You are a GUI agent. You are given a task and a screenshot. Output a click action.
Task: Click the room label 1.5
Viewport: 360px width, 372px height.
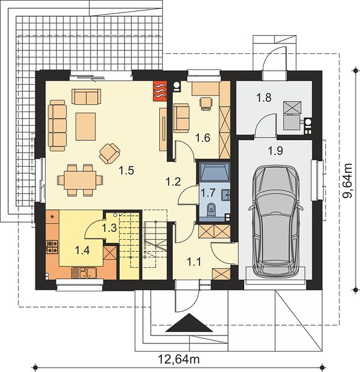[126, 170]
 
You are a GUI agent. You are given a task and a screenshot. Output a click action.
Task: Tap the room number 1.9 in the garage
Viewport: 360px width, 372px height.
[275, 151]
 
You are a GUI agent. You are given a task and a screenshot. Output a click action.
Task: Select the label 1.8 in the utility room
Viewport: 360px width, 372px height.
[264, 97]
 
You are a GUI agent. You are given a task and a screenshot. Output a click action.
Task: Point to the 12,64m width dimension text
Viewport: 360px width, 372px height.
[179, 359]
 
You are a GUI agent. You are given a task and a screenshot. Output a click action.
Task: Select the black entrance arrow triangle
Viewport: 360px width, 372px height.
[189, 322]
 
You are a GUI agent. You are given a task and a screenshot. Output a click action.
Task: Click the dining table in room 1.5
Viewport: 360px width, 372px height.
[80, 180]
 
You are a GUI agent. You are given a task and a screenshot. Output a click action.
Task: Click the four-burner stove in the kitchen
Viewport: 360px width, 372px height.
[52, 247]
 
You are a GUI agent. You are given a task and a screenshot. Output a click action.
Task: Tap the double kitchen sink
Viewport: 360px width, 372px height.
[84, 273]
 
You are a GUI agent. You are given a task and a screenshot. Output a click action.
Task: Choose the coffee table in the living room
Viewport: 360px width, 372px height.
[86, 126]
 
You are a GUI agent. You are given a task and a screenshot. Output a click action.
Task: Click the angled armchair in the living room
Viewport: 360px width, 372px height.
[110, 153]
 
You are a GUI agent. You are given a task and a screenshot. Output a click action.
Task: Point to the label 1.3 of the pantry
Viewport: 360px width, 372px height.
[109, 228]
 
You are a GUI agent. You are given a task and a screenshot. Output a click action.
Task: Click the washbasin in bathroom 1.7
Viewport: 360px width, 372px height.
[226, 195]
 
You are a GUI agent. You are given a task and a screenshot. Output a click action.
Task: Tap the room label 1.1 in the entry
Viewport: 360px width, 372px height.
[194, 262]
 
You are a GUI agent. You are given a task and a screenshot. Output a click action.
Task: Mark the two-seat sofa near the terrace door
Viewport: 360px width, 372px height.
[86, 97]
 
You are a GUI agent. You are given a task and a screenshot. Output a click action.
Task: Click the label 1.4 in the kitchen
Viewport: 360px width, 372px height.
[82, 250]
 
